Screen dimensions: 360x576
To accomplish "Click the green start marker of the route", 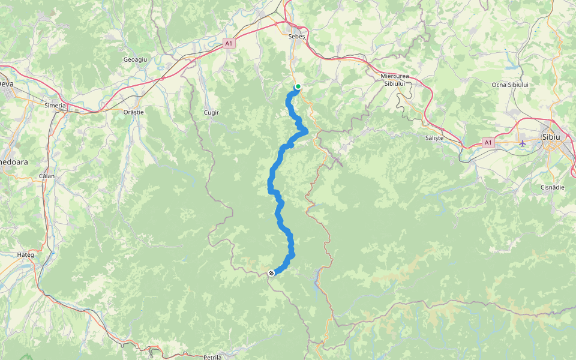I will (x=298, y=86).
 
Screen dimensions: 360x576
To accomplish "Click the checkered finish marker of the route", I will (x=272, y=274).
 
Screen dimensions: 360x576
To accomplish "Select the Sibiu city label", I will (x=550, y=137).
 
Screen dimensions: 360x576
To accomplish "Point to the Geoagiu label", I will (x=135, y=60).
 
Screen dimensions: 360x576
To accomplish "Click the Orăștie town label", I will (x=134, y=112).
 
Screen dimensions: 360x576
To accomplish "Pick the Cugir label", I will (x=212, y=112).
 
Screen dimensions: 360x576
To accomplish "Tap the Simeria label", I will (x=55, y=105).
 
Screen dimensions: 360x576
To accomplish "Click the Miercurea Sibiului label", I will (x=395, y=80).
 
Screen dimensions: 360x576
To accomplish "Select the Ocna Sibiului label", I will (x=510, y=85).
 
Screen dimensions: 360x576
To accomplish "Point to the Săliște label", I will (x=434, y=138).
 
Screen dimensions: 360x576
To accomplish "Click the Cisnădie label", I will (x=551, y=187).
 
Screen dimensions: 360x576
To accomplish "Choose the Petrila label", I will (x=212, y=357).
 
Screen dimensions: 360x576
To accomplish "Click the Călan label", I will (x=46, y=176).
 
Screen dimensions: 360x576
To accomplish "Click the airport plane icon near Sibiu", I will (x=523, y=143).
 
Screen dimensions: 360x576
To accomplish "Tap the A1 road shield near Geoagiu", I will (x=229, y=43).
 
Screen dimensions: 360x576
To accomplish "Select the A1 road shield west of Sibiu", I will (x=488, y=143).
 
